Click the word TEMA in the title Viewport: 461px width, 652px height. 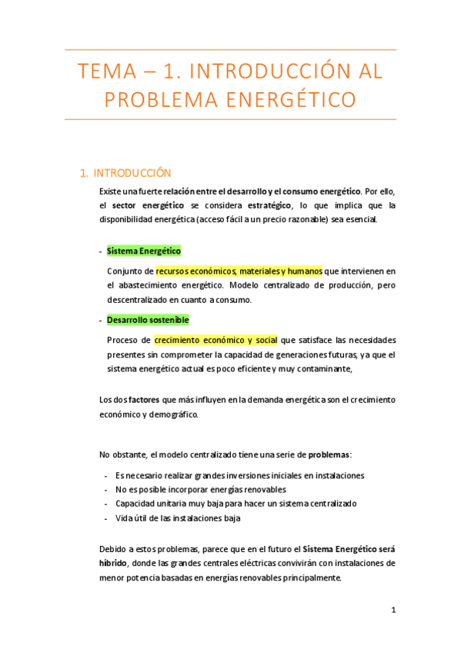(105, 73)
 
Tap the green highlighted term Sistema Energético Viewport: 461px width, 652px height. (144, 251)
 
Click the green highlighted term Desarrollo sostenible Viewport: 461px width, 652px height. (148, 320)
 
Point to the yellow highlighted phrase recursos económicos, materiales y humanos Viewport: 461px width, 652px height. (239, 271)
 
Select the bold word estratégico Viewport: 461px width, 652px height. (269, 205)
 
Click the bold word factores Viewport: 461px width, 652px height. (144, 400)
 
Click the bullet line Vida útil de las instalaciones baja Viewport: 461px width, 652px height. (178, 517)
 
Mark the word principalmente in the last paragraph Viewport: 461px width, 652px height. (307, 577)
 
